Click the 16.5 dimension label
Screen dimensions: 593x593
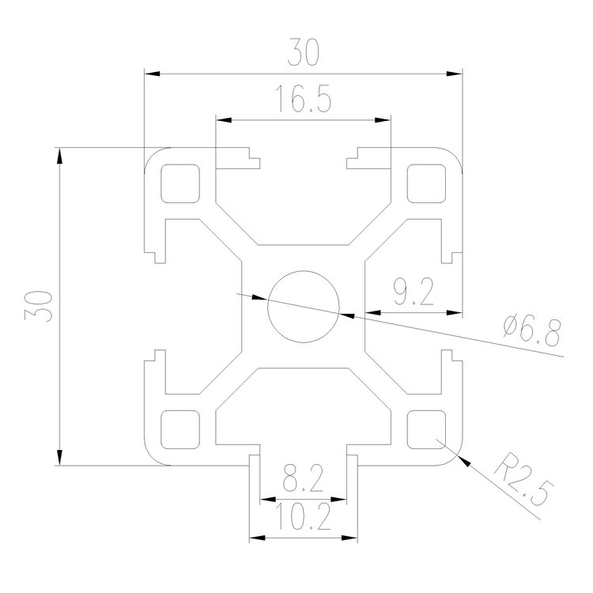click(x=303, y=100)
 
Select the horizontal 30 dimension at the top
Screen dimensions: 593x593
click(x=303, y=54)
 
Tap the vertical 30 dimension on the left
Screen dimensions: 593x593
click(x=39, y=305)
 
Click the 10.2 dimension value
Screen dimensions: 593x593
click(x=303, y=519)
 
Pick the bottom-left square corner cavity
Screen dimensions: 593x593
click(x=179, y=428)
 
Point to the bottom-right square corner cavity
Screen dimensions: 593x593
click(x=425, y=428)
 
